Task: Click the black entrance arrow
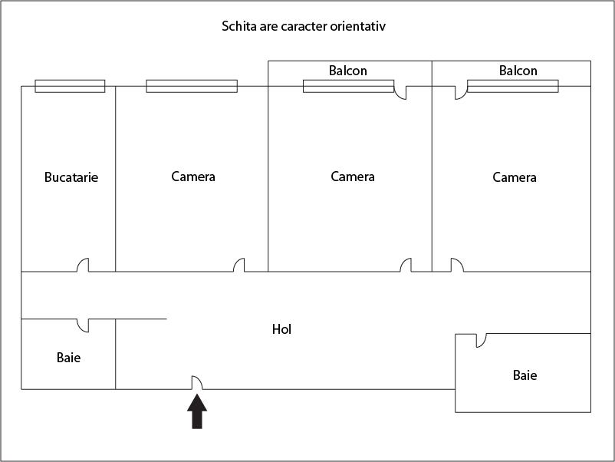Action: coord(197,411)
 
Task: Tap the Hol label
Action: coord(282,329)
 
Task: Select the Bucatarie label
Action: coord(71,177)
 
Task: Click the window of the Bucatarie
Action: coord(70,86)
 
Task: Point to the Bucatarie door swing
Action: coord(83,265)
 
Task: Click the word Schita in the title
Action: coord(238,27)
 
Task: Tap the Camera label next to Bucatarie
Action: coord(193,177)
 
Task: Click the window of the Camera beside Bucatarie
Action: coord(192,86)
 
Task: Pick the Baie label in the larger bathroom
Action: coord(525,375)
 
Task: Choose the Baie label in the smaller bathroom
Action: coord(68,357)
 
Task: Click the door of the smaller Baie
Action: coord(83,325)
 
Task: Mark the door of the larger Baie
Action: coord(481,340)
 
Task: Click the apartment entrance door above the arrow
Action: coord(196,382)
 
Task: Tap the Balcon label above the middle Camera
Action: coord(348,71)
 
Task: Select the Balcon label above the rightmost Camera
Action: coord(518,71)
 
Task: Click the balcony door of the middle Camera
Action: coord(400,94)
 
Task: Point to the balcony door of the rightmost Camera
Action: coord(460,93)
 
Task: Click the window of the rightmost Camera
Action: coord(512,86)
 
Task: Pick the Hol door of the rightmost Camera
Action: coord(456,265)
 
